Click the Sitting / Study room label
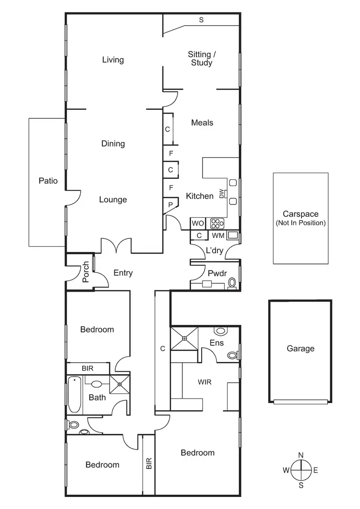[200, 59]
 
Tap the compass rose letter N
[300, 455]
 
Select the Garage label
[300, 349]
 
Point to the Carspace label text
[300, 214]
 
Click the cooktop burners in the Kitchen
[217, 224]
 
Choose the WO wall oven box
[198, 224]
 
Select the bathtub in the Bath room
[74, 395]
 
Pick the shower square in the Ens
[184, 339]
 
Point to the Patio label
[48, 181]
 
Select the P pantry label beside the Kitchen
[170, 204]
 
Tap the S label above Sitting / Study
[201, 20]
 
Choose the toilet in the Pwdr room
[232, 282]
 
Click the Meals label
[202, 123]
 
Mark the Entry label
[123, 273]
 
